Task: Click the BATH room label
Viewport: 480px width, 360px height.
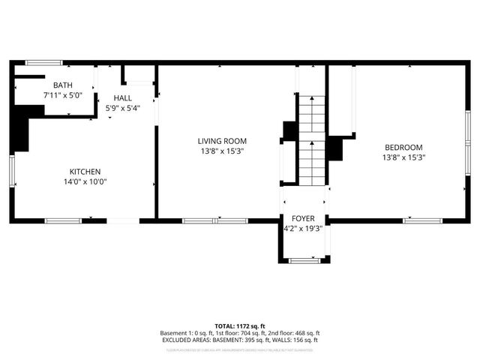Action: tap(52, 85)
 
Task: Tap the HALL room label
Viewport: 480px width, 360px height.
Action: tap(123, 97)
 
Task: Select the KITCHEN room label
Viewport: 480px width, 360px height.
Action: tap(85, 172)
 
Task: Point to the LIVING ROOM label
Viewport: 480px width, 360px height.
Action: tap(221, 141)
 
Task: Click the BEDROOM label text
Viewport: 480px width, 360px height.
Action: tap(403, 148)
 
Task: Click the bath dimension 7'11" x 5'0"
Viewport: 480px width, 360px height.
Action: tap(62, 95)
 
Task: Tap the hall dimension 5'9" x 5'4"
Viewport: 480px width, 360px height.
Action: tap(123, 107)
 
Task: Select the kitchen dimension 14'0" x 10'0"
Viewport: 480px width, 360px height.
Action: tap(85, 181)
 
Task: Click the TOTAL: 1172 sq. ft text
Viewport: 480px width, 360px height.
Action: tap(240, 326)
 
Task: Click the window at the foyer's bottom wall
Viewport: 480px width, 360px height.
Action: tap(303, 260)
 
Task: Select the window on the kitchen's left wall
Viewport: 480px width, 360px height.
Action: tap(12, 172)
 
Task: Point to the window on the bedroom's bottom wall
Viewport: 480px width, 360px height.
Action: tap(418, 220)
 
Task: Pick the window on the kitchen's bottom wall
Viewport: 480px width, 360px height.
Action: tap(63, 220)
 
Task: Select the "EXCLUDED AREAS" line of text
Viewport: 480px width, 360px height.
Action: tap(240, 340)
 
